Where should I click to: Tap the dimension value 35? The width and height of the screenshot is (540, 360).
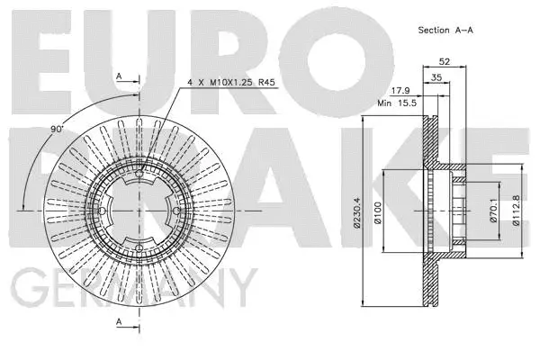pyautogui.click(x=436, y=79)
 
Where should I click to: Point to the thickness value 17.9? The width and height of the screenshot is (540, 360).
pyautogui.click(x=397, y=90)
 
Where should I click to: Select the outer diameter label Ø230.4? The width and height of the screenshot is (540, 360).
pyautogui.click(x=357, y=211)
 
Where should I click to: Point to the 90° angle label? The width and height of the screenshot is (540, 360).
pyautogui.click(x=58, y=130)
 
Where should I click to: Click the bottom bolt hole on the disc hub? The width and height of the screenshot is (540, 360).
pyautogui.click(x=140, y=249)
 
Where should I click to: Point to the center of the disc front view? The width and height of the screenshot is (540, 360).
pyautogui.click(x=140, y=211)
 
